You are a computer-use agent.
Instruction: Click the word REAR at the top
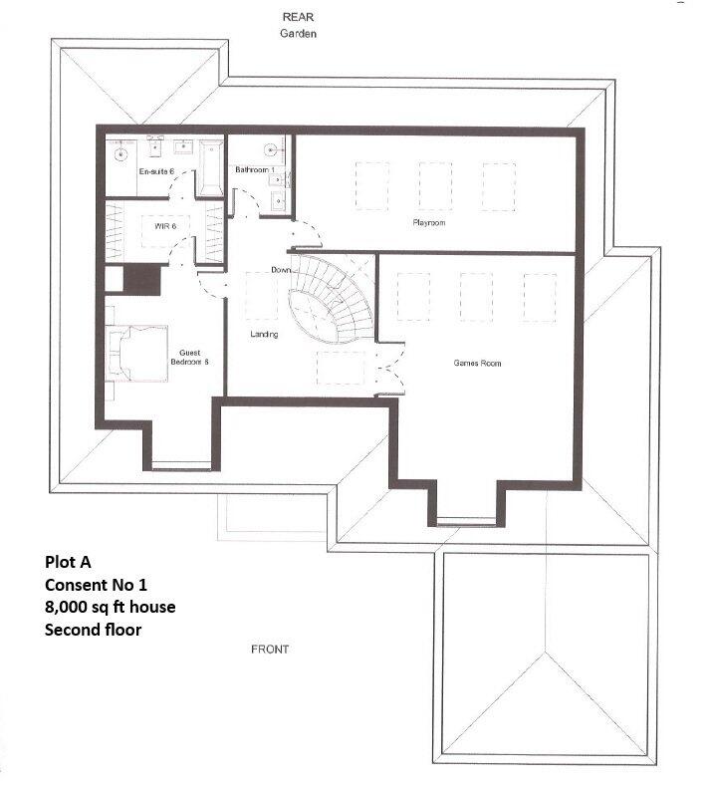(299, 17)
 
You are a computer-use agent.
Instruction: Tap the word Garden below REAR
(299, 33)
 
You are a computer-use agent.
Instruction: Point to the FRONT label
(270, 650)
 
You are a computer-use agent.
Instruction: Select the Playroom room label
(428, 223)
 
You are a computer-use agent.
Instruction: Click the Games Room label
(477, 364)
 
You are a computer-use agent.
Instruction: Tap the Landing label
(264, 335)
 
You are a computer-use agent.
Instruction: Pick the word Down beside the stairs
(280, 271)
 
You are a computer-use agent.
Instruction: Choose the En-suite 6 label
(155, 172)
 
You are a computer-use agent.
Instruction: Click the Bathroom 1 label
(253, 170)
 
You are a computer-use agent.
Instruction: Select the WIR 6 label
(165, 227)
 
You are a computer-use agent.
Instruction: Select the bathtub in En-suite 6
(209, 165)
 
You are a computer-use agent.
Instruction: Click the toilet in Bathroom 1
(270, 150)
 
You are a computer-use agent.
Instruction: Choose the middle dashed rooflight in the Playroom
(435, 186)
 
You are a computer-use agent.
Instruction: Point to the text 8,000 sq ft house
(110, 607)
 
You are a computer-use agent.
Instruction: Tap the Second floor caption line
(93, 630)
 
